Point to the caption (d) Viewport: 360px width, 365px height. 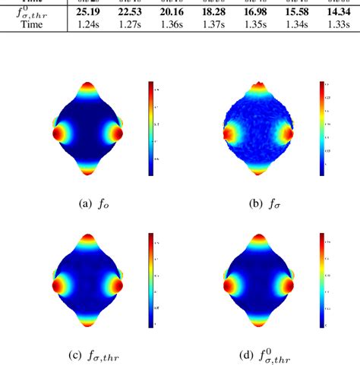pyautogui.click(x=258, y=354)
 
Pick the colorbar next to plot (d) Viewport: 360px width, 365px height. pyautogui.click(x=322, y=280)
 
